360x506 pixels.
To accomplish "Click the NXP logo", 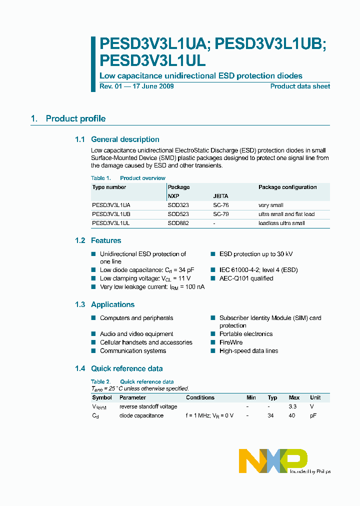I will (273, 460).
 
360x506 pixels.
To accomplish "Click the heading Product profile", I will (75, 118).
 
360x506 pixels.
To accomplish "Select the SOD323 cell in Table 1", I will (178, 205).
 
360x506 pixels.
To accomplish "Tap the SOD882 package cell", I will (178, 223).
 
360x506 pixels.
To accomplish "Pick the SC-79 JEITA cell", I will (221, 214).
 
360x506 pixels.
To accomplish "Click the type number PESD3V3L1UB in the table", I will (111, 214).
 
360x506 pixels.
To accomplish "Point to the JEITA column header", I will (220, 196).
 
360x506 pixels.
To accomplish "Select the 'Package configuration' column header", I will (287, 187).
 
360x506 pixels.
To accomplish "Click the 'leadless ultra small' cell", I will (281, 223).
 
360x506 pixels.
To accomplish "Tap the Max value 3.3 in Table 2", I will (293, 406).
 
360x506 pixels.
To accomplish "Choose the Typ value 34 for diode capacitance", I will (270, 415).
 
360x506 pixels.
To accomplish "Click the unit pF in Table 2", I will (313, 415).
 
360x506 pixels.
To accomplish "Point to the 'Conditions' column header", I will (200, 397).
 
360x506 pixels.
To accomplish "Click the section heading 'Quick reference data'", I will (126, 368).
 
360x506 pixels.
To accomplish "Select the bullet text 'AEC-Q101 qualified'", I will (246, 278).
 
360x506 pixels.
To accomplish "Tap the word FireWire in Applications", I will (231, 342).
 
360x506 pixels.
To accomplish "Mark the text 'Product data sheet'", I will (300, 86).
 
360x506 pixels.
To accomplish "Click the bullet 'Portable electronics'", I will (246, 334).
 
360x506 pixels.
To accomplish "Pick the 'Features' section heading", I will (106, 240).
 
